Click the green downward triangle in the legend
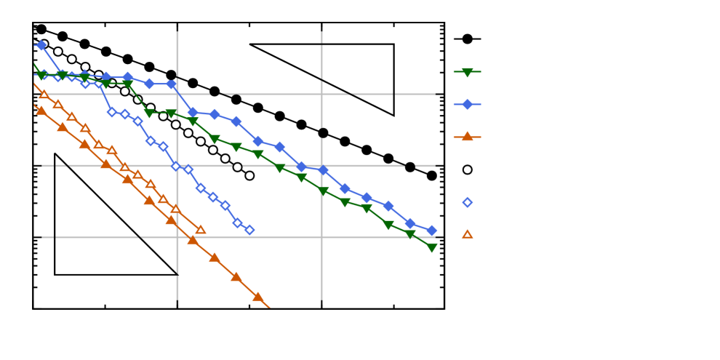click(x=467, y=72)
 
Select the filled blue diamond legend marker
click(x=467, y=104)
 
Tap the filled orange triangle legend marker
click(x=467, y=136)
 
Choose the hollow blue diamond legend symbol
click(x=467, y=202)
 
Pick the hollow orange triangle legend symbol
click(x=467, y=234)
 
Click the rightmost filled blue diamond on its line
click(x=431, y=231)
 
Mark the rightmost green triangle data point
click(x=431, y=248)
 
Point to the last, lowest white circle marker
click(x=249, y=175)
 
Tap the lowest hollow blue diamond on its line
click(x=249, y=230)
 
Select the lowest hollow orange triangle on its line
click(x=201, y=230)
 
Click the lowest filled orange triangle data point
click(x=257, y=297)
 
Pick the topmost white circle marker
click(x=44, y=44)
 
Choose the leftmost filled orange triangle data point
click(x=41, y=111)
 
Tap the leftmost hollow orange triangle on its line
click(x=44, y=95)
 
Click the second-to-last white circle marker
click(x=237, y=167)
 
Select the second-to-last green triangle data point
click(x=410, y=234)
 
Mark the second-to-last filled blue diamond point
click(x=409, y=223)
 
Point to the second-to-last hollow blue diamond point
click(x=237, y=223)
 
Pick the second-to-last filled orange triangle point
click(x=236, y=277)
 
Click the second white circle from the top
click(x=58, y=52)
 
